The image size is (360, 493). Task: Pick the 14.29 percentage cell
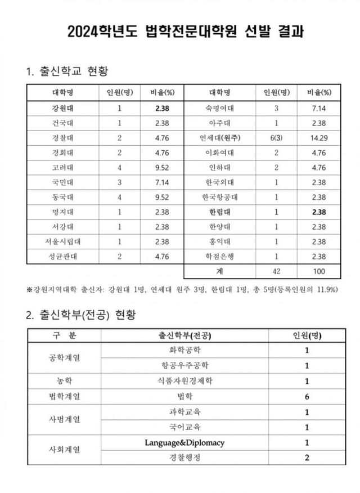(x=319, y=137)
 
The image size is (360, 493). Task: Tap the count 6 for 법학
(x=307, y=396)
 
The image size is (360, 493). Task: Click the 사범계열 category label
(x=64, y=419)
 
